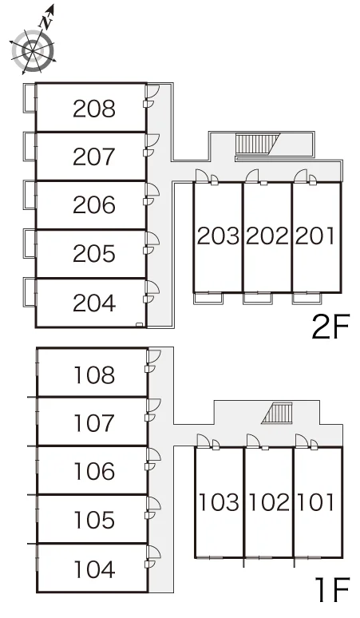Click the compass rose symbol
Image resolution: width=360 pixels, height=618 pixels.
pyautogui.click(x=32, y=50)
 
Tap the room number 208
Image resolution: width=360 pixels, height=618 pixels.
pyautogui.click(x=94, y=109)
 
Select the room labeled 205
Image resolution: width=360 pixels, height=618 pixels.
pyautogui.click(x=94, y=253)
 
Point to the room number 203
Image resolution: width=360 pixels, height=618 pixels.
pyautogui.click(x=218, y=236)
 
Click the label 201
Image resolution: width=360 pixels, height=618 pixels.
pyautogui.click(x=315, y=236)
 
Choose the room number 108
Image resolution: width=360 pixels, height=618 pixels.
pyautogui.click(x=94, y=374)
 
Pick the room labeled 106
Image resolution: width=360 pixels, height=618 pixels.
pyautogui.click(x=94, y=471)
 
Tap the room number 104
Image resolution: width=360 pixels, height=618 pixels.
pyautogui.click(x=94, y=569)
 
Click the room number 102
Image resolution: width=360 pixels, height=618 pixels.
pyautogui.click(x=270, y=502)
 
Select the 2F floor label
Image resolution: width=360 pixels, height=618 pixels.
pyautogui.click(x=330, y=327)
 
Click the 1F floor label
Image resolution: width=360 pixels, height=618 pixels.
pyautogui.click(x=333, y=589)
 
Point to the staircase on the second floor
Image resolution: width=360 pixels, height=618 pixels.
pyautogui.click(x=257, y=144)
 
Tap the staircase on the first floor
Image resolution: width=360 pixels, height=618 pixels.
pyautogui.click(x=277, y=413)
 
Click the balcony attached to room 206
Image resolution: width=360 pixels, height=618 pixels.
pyautogui.click(x=30, y=195)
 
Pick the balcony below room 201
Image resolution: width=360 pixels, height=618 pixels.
pyautogui.click(x=307, y=299)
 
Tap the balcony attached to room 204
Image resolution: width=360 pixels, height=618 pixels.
pyautogui.click(x=30, y=292)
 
